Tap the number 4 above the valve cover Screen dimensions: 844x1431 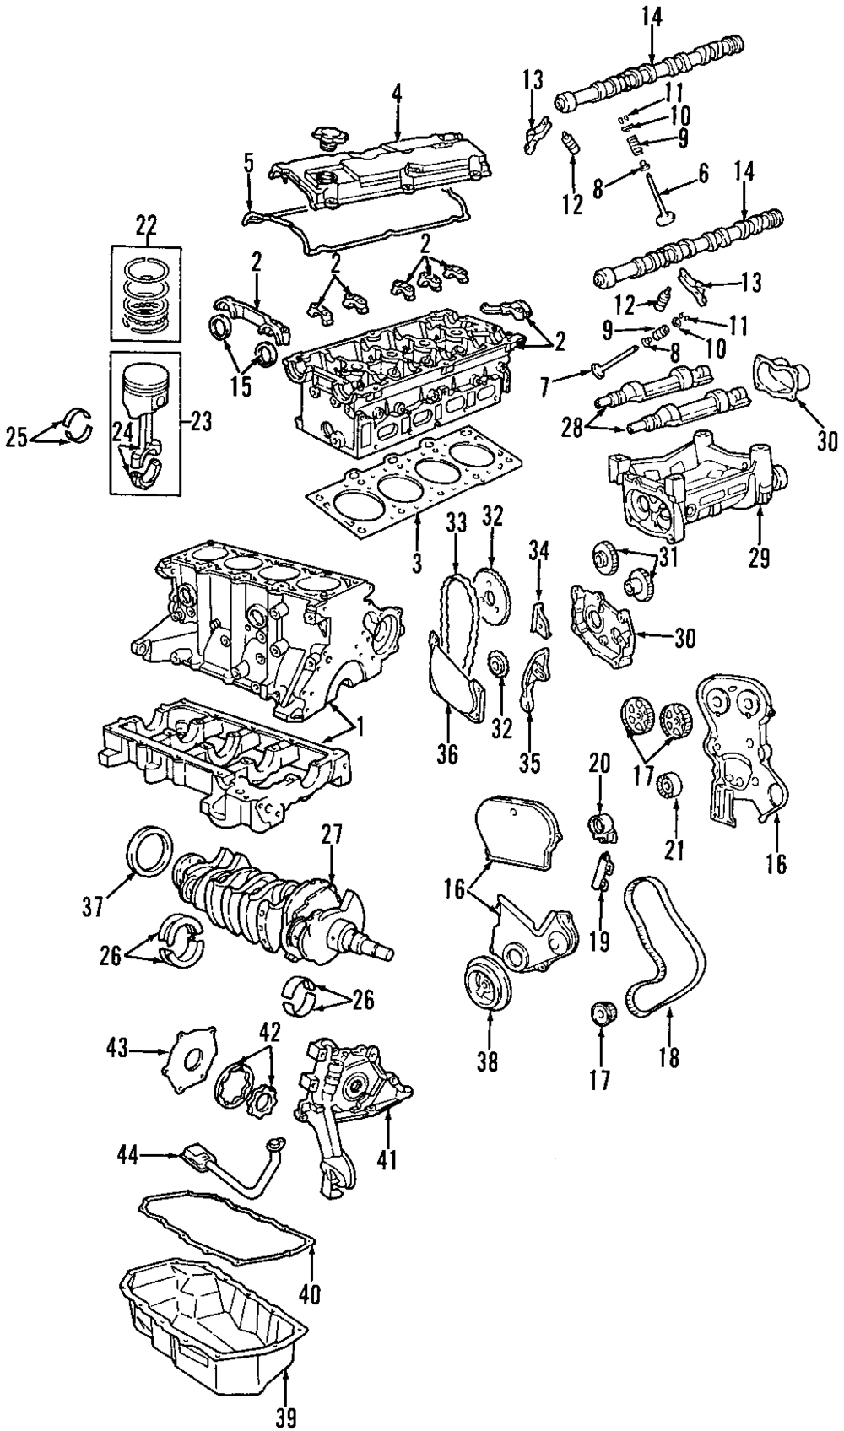pyautogui.click(x=397, y=94)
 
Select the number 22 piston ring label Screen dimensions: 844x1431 pyautogui.click(x=146, y=227)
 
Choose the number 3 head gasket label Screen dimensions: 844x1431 pyautogui.click(x=417, y=563)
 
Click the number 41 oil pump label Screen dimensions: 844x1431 pyautogui.click(x=388, y=1158)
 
